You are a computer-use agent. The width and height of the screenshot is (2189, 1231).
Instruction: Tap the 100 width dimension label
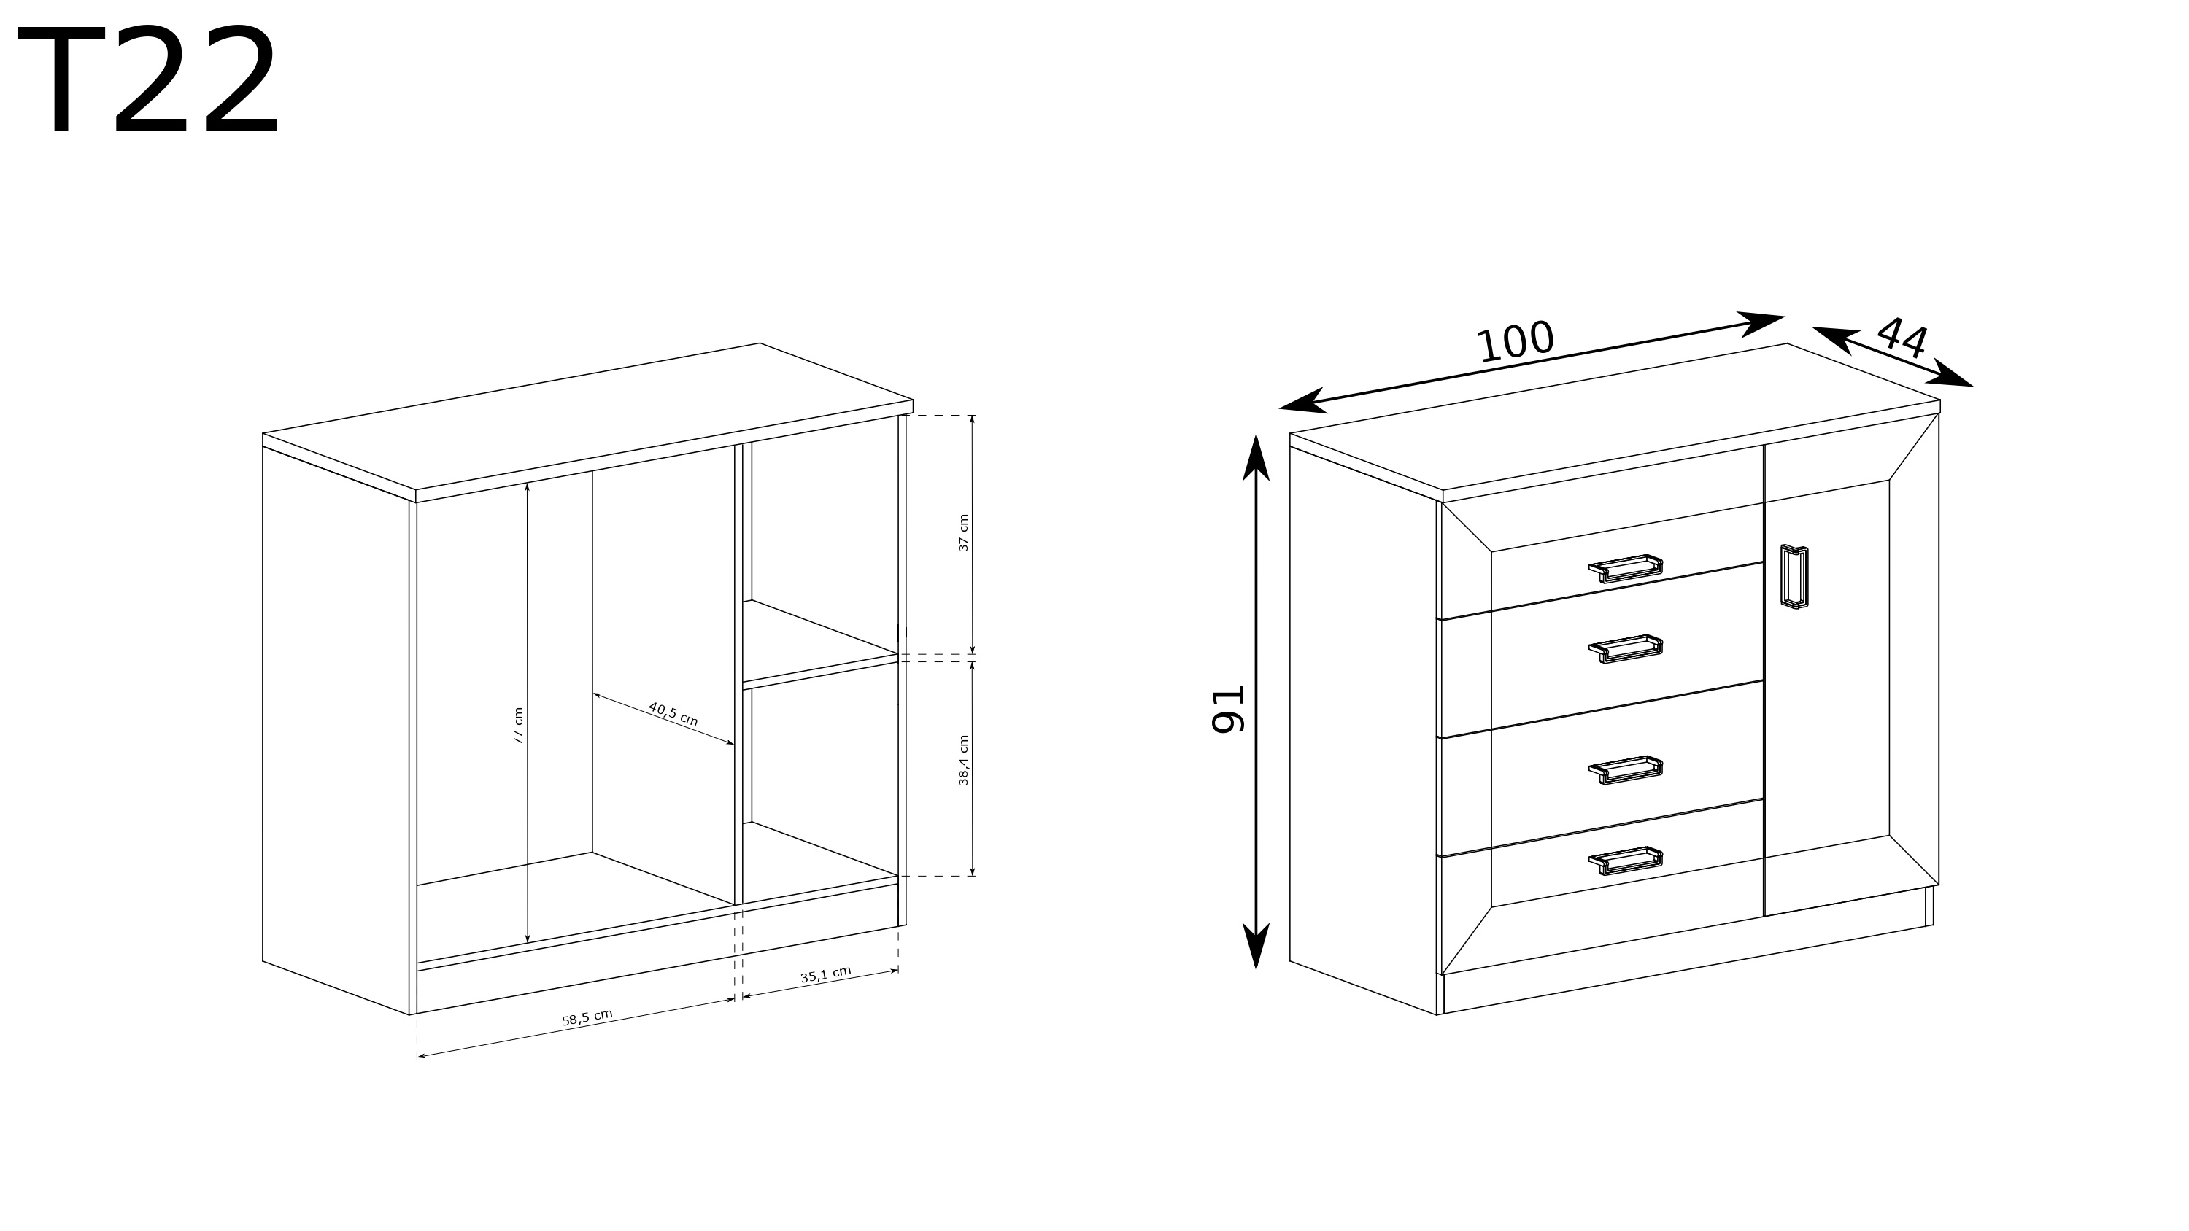click(x=1515, y=341)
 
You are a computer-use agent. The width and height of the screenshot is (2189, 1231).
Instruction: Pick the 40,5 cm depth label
click(x=673, y=714)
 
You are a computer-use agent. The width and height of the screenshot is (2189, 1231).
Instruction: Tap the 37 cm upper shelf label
click(x=964, y=532)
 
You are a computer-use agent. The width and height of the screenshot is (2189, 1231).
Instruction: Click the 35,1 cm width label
click(x=826, y=974)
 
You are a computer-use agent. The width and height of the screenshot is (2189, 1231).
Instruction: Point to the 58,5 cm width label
click(x=587, y=1018)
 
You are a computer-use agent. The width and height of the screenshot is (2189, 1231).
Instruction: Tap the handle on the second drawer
click(x=1626, y=648)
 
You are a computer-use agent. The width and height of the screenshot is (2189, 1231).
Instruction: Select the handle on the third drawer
click(x=1626, y=769)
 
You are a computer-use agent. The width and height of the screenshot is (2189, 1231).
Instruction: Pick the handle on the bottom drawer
click(x=1626, y=861)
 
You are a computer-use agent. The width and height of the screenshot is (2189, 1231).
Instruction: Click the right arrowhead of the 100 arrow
click(x=1761, y=323)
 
